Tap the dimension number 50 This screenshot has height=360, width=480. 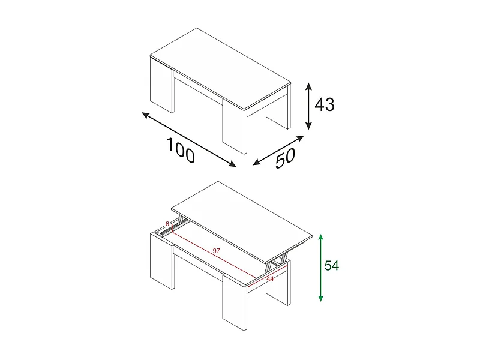[x=286, y=158]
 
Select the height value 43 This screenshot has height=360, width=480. [x=325, y=105]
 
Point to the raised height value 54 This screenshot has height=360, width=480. [x=332, y=265]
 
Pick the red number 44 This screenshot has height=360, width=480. [x=270, y=278]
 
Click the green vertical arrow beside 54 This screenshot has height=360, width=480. [x=322, y=267]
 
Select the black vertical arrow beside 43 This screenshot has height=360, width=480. [x=308, y=106]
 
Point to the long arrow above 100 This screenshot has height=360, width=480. [x=188, y=139]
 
